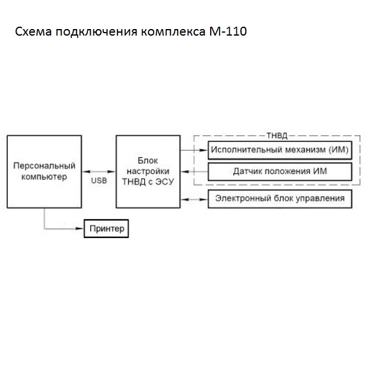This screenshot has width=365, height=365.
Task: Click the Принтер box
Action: (x=106, y=228)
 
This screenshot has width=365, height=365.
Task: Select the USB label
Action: (x=99, y=180)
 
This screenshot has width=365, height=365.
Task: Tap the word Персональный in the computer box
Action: (x=44, y=166)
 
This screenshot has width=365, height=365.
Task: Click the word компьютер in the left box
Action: (x=44, y=176)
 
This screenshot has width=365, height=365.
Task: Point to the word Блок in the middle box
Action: (x=148, y=161)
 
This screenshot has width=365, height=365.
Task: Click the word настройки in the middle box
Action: (x=148, y=172)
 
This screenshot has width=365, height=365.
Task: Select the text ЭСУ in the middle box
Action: (x=164, y=182)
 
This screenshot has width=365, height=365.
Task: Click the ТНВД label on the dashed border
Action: (x=277, y=137)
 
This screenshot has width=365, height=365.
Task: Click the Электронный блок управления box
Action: (x=280, y=198)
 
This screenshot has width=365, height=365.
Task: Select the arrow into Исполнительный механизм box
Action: (x=193, y=150)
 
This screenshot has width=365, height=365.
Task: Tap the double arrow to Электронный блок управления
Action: (x=193, y=198)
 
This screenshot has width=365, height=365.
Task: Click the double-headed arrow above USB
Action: (x=99, y=172)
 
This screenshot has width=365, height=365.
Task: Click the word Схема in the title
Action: (x=33, y=31)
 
